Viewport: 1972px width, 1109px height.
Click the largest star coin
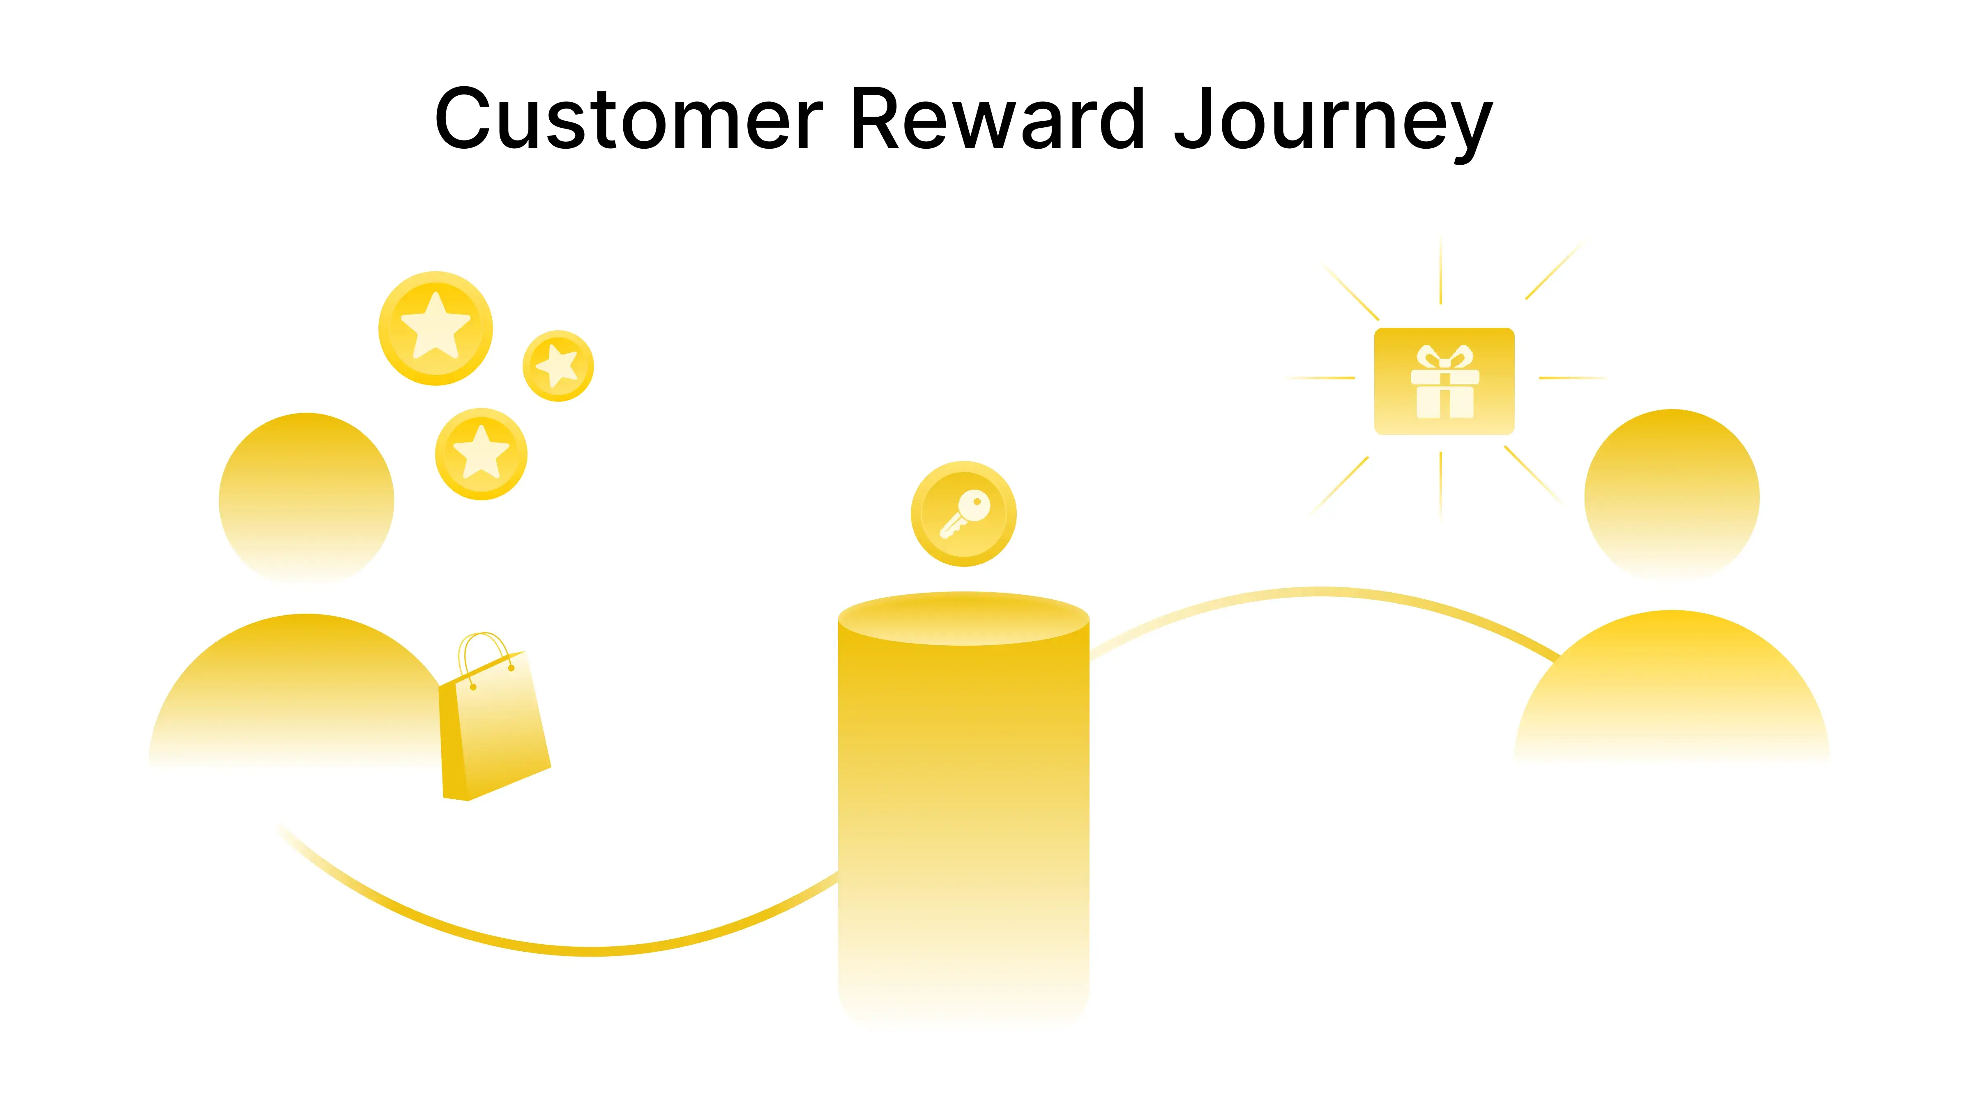pyautogui.click(x=435, y=328)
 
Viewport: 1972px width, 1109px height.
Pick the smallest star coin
pyautogui.click(x=558, y=366)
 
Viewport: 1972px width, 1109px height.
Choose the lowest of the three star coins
pyautogui.click(x=481, y=454)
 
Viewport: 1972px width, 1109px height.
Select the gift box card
pyautogui.click(x=1444, y=381)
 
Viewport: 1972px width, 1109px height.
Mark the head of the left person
pyautogui.click(x=306, y=497)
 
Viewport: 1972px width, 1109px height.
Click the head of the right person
pyautogui.click(x=1672, y=494)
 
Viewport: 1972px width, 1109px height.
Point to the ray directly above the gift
pyautogui.click(x=1441, y=271)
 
